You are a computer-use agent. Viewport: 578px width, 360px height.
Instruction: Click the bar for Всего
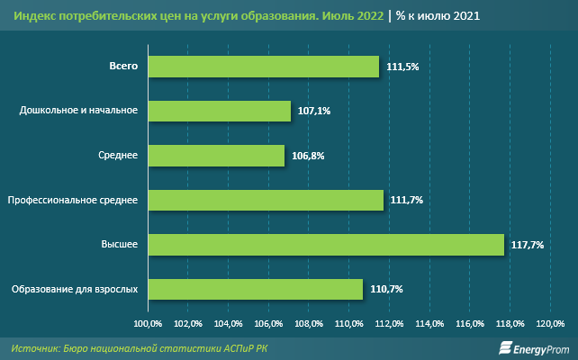click(263, 67)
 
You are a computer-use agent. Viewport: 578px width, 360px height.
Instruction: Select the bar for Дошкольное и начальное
click(219, 111)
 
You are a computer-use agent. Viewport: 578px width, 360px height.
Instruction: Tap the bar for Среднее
click(215, 156)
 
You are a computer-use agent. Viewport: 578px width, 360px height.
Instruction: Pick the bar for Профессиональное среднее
click(266, 200)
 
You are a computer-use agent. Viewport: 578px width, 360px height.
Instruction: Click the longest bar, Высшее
click(325, 244)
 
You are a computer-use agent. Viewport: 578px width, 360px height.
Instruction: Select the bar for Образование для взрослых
click(255, 289)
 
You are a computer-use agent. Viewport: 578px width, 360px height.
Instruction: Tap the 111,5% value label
click(402, 67)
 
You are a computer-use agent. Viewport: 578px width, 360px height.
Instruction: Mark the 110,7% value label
click(385, 290)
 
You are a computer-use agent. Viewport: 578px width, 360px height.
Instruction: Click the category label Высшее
click(120, 245)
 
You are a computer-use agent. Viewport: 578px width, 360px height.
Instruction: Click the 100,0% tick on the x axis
click(148, 323)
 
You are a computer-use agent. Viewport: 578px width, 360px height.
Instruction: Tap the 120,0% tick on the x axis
click(550, 323)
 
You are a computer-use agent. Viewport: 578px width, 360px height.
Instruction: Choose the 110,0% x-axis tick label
click(349, 323)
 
